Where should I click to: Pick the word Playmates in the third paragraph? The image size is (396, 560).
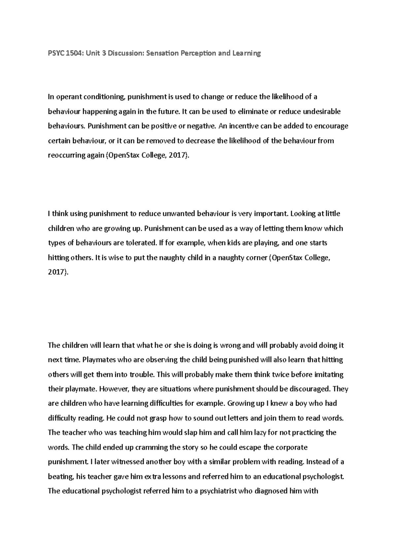(x=98, y=360)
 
